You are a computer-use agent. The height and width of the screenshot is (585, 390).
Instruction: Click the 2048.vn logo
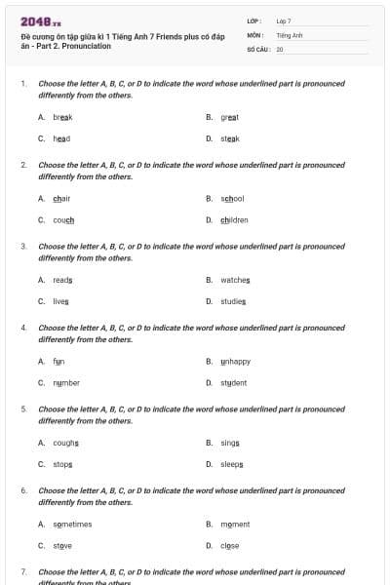pyautogui.click(x=41, y=20)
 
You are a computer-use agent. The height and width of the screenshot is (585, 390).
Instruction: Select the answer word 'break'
pyautogui.click(x=62, y=116)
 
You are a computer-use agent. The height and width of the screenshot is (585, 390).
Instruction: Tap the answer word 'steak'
pyautogui.click(x=230, y=138)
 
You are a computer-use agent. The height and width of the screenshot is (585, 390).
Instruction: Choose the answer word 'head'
pyautogui.click(x=61, y=138)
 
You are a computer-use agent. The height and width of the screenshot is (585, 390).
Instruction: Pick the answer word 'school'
pyautogui.click(x=232, y=198)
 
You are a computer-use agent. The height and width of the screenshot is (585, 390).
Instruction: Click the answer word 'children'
pyautogui.click(x=234, y=220)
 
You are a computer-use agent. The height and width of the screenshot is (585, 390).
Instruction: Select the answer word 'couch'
pyautogui.click(x=63, y=220)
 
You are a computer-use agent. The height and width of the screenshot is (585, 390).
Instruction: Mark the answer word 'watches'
pyautogui.click(x=235, y=280)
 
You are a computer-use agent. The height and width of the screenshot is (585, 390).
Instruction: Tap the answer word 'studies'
pyautogui.click(x=233, y=302)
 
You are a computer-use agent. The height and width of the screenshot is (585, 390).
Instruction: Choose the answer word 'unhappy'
pyautogui.click(x=235, y=361)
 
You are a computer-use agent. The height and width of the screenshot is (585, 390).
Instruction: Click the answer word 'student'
pyautogui.click(x=234, y=383)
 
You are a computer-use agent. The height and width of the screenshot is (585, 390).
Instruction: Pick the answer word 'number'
pyautogui.click(x=66, y=383)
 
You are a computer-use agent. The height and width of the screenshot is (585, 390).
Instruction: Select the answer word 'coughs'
pyautogui.click(x=65, y=443)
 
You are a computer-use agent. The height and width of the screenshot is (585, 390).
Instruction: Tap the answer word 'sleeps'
pyautogui.click(x=232, y=465)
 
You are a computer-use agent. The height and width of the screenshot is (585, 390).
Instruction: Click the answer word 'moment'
pyautogui.click(x=235, y=524)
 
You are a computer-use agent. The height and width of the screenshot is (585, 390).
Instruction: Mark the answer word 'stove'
pyautogui.click(x=62, y=546)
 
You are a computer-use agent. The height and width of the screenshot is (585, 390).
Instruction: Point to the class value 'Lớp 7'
pyautogui.click(x=284, y=19)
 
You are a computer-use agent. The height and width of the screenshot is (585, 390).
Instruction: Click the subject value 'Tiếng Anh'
pyautogui.click(x=290, y=34)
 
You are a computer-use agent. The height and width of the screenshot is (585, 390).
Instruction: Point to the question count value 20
pyautogui.click(x=280, y=48)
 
